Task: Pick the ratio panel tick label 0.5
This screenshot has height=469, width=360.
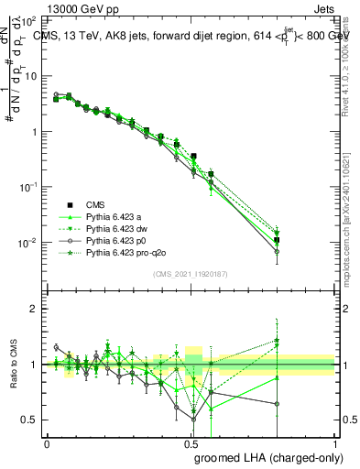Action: click(x=30, y=420)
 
